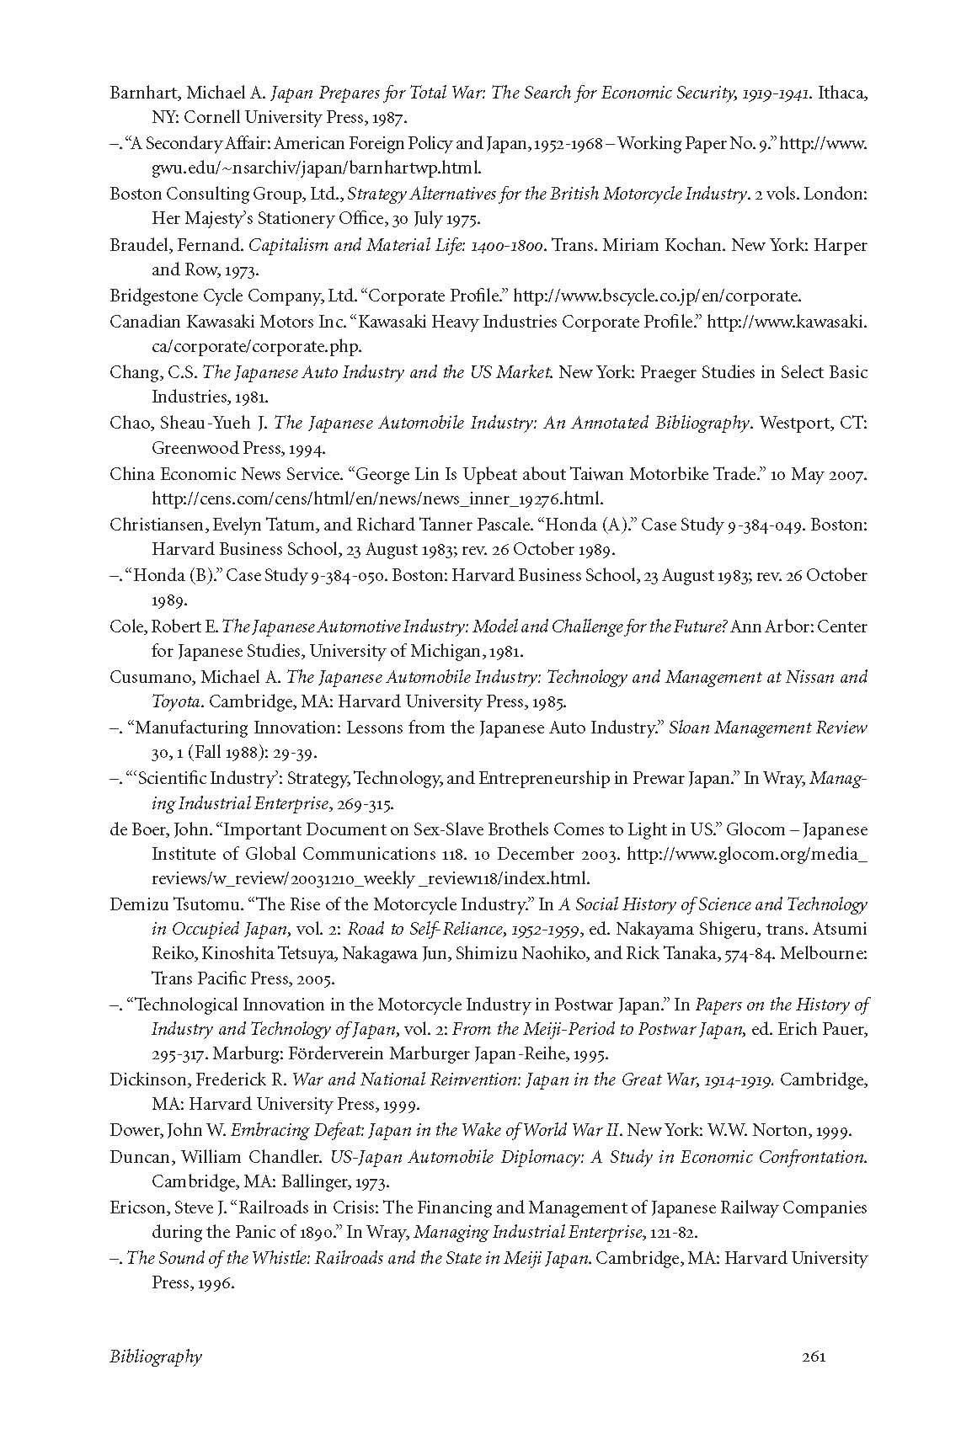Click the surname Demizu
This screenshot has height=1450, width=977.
136,904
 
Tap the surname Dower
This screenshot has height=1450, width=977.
131,1130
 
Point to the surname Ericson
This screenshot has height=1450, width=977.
136,1207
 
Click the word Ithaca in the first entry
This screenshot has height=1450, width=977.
842,93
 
